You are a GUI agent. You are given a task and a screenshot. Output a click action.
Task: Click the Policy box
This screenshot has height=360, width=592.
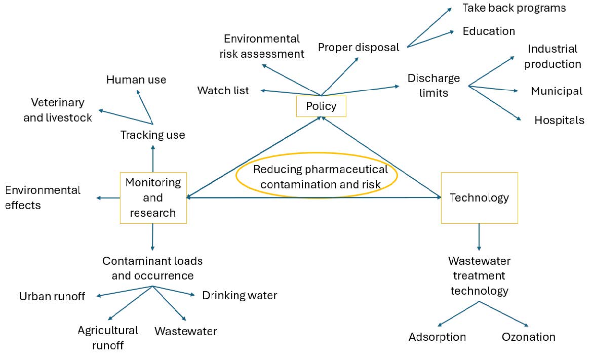coord(321,106)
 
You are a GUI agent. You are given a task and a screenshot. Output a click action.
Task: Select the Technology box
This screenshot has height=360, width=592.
coord(479,197)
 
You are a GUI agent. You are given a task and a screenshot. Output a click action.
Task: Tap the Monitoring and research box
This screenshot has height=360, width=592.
coord(153,197)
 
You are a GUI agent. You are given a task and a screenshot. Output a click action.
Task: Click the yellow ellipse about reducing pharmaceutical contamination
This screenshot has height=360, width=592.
coord(317,176)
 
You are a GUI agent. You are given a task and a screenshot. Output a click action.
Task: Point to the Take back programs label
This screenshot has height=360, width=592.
coord(514,8)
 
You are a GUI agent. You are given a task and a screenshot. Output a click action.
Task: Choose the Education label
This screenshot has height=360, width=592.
coord(488,31)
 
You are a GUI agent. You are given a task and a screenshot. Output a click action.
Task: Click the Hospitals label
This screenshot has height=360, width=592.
coord(559,121)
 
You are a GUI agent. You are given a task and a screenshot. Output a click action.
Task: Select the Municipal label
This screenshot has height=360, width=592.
coord(556,91)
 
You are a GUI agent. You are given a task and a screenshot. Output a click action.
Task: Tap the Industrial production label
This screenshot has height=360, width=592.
coord(552,56)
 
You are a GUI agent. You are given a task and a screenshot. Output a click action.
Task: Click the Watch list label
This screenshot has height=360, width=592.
coord(223,91)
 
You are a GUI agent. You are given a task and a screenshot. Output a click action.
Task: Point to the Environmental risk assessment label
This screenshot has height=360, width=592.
coord(262,46)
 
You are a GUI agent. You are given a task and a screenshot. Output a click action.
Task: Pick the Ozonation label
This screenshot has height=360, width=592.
coord(528,337)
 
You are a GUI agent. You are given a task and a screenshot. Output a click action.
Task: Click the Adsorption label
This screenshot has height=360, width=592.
coord(437,337)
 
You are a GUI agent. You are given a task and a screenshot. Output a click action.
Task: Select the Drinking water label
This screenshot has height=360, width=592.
coord(240,295)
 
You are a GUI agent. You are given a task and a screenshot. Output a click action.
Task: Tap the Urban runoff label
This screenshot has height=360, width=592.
coord(52,296)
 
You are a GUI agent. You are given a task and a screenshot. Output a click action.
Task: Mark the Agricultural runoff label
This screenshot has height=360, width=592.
coord(108,338)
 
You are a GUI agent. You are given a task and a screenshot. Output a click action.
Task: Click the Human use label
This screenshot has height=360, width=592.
coord(136,80)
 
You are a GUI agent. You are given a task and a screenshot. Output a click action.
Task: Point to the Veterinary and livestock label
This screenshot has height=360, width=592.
coord(58,110)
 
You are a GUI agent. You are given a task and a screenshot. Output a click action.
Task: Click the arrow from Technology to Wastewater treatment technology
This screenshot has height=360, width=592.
coord(479,237)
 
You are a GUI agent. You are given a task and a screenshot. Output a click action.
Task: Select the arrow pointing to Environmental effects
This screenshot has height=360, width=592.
coord(107,198)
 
